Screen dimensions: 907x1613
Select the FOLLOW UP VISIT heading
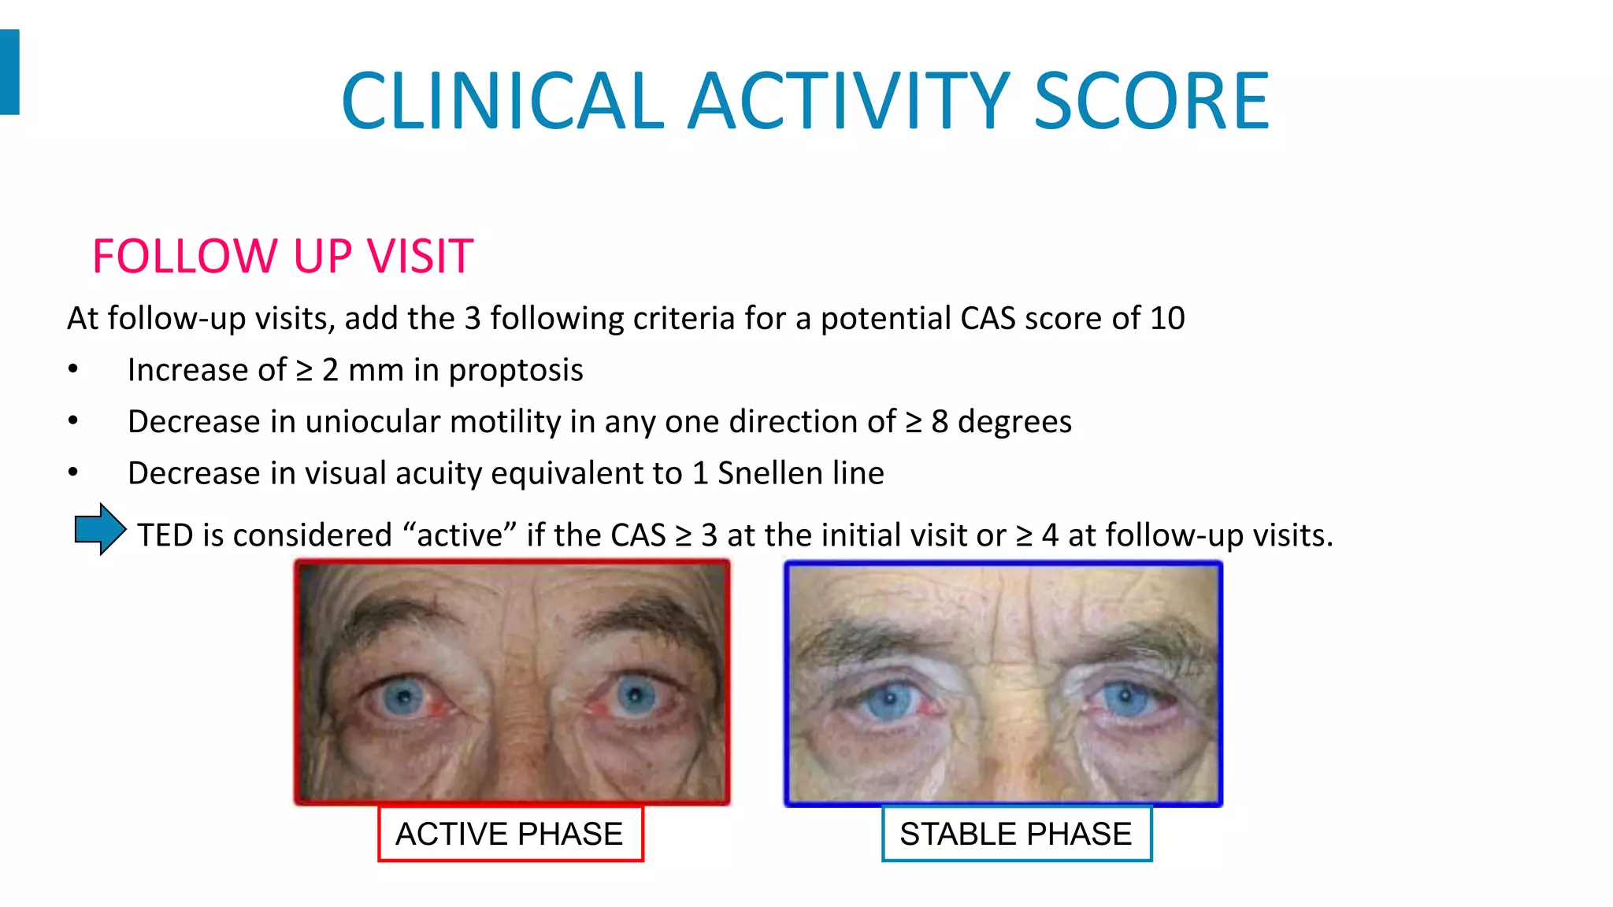pyautogui.click(x=282, y=256)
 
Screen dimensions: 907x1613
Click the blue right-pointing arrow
pyautogui.click(x=99, y=529)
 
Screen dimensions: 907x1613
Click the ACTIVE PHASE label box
pyautogui.click(x=510, y=834)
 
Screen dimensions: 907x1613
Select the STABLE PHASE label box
pyautogui.click(x=1015, y=834)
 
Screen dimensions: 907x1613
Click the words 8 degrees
pyautogui.click(x=1001, y=422)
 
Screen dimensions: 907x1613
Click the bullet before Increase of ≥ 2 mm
pyautogui.click(x=73, y=370)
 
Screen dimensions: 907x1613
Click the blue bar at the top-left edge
pyautogui.click(x=9, y=72)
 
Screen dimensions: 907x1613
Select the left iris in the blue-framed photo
pyautogui.click(x=889, y=698)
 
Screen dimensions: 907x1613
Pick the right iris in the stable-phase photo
pyautogui.click(x=1125, y=697)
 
